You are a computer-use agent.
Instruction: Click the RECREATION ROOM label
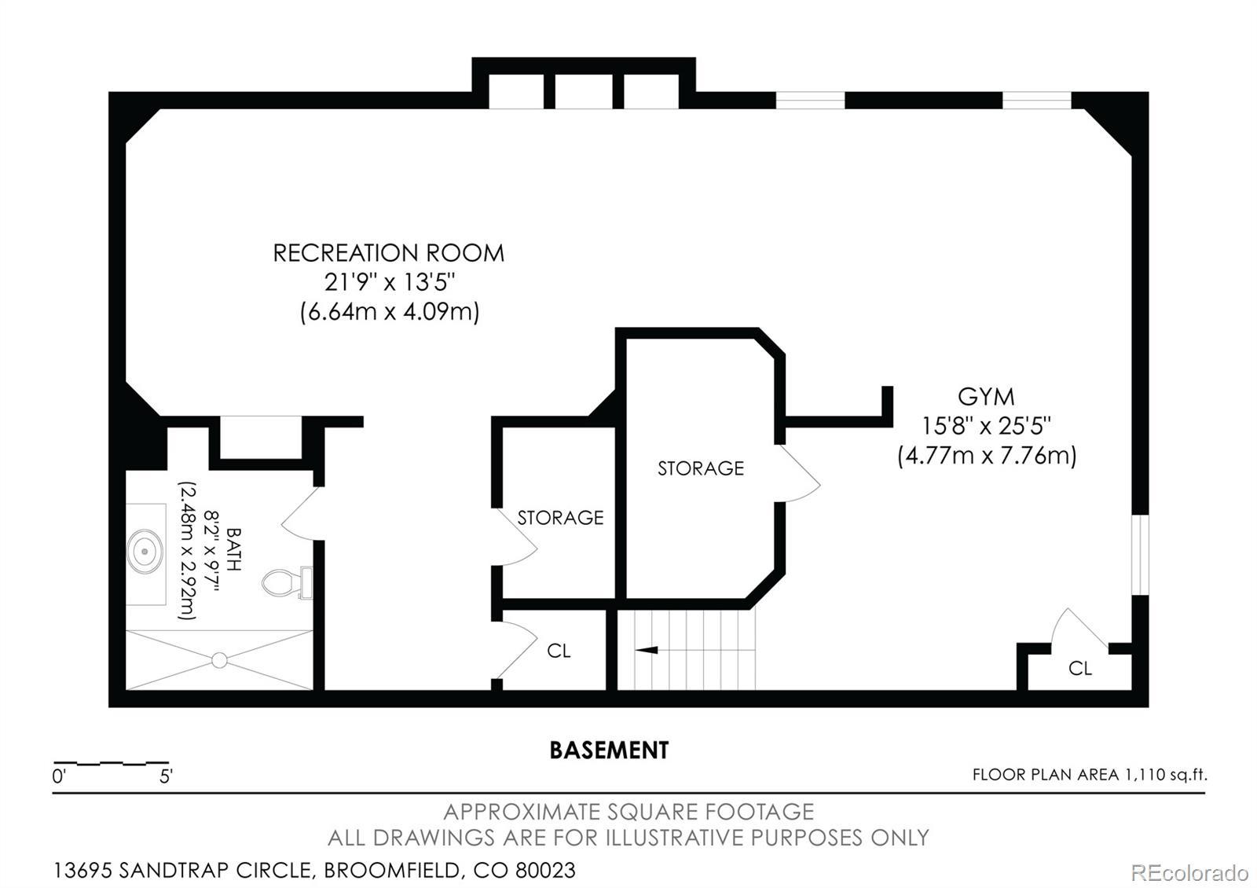(388, 253)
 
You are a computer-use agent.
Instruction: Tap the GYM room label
(986, 397)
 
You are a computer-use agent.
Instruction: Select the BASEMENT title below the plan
(609, 750)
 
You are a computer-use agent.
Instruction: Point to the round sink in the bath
(145, 551)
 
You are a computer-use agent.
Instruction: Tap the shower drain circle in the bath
(219, 660)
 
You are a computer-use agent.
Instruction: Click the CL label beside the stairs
(559, 651)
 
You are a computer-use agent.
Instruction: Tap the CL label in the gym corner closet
(1080, 668)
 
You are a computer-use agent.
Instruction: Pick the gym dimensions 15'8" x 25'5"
(986, 426)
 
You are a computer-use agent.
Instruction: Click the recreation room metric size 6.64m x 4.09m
(390, 311)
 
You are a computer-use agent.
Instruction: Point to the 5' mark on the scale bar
(166, 776)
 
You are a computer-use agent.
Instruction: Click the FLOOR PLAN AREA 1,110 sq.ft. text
(1090, 775)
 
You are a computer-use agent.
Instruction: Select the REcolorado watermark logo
(1189, 873)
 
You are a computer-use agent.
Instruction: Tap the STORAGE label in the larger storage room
(700, 468)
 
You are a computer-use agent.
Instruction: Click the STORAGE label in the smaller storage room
(560, 518)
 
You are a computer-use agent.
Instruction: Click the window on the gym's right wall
(1140, 555)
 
